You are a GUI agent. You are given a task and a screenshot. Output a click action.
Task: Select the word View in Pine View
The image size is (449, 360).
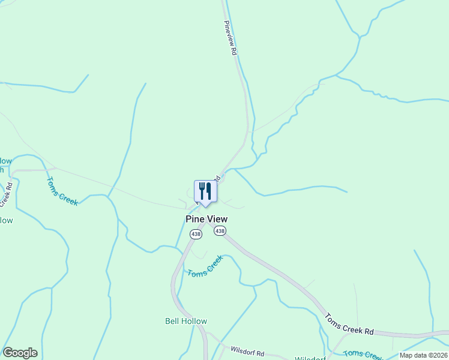216,220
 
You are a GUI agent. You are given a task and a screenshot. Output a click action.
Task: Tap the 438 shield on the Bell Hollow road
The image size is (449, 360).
196,235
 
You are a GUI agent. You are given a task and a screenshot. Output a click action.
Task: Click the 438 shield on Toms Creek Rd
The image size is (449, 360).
220,231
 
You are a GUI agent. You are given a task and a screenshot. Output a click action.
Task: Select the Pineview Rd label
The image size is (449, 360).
231,38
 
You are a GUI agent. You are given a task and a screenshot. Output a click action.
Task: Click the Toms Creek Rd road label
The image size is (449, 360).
349,324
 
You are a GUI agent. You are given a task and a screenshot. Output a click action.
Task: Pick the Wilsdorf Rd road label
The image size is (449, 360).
244,350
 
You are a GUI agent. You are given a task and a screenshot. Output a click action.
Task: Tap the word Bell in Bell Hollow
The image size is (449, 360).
172,321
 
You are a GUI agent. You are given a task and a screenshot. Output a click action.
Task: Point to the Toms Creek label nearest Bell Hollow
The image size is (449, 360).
205,266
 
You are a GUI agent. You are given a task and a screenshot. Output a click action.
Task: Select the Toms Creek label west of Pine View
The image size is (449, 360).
62,191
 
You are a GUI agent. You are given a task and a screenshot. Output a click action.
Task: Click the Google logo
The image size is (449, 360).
20,353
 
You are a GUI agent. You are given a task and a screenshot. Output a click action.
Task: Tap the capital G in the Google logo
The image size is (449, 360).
7,352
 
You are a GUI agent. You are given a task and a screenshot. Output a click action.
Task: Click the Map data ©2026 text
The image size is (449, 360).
423,355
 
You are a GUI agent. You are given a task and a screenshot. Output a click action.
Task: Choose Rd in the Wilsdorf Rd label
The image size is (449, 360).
259,353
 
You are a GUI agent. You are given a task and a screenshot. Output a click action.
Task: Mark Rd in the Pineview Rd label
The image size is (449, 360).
234,51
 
